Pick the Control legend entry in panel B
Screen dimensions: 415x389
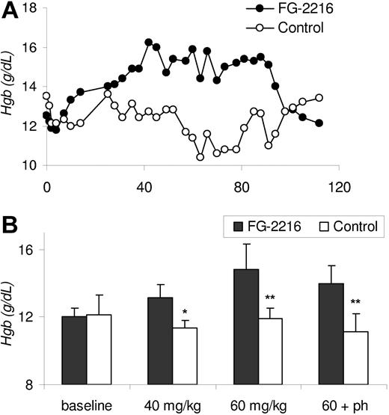coord(348,224)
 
